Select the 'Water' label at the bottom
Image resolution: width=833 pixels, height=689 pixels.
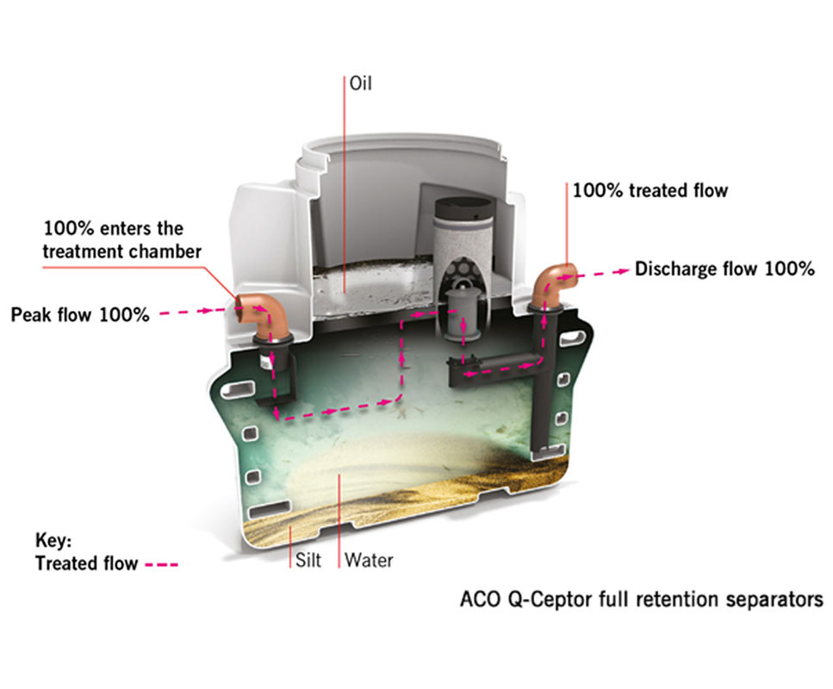pyautogui.click(x=369, y=561)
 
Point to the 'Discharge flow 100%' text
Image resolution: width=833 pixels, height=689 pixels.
pyautogui.click(x=724, y=269)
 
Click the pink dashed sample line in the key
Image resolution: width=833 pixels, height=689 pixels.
pyautogui.click(x=162, y=565)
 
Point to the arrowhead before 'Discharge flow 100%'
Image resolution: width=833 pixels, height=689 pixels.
pyautogui.click(x=622, y=270)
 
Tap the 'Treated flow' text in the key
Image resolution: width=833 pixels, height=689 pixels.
pyautogui.click(x=86, y=564)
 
